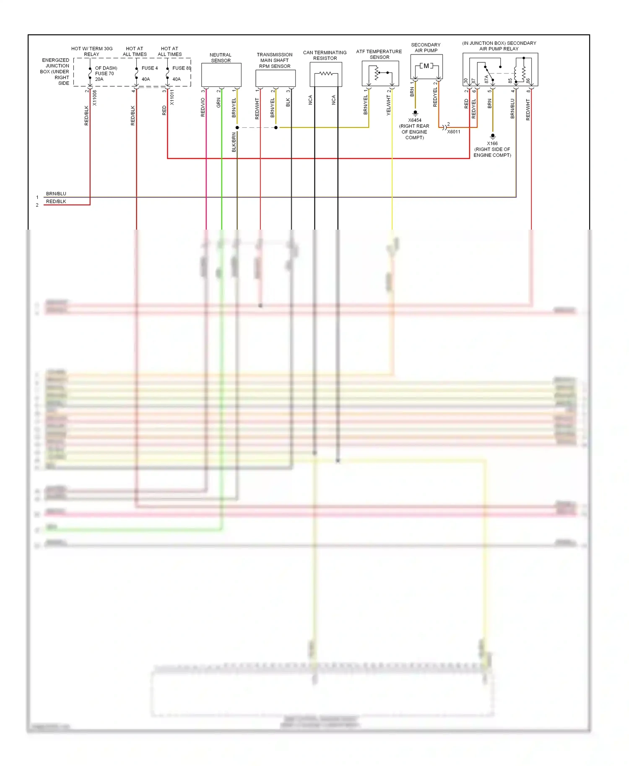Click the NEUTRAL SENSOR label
pyautogui.click(x=221, y=58)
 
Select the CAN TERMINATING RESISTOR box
pyautogui.click(x=326, y=75)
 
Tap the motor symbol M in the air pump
pyautogui.click(x=426, y=66)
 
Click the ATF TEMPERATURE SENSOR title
pyautogui.click(x=379, y=54)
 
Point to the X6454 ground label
pyautogui.click(x=415, y=120)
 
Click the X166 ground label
pyautogui.click(x=492, y=143)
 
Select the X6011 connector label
pyautogui.click(x=454, y=132)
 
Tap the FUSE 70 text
pyautogui.click(x=104, y=73)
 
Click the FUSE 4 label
pyautogui.click(x=150, y=68)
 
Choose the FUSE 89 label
pyautogui.click(x=182, y=68)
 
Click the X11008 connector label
pyautogui.click(x=95, y=98)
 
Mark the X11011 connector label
pyautogui.click(x=172, y=97)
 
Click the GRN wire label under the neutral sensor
pyautogui.click(x=218, y=103)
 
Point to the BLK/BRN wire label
pyautogui.click(x=234, y=142)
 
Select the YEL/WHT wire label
pyautogui.click(x=388, y=105)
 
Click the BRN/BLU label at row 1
pyautogui.click(x=56, y=194)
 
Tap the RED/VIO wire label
pyautogui.click(x=203, y=107)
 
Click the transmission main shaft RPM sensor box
pyautogui.click(x=276, y=78)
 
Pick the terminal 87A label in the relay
pyautogui.click(x=487, y=79)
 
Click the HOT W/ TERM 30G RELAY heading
pyautogui.click(x=92, y=52)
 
